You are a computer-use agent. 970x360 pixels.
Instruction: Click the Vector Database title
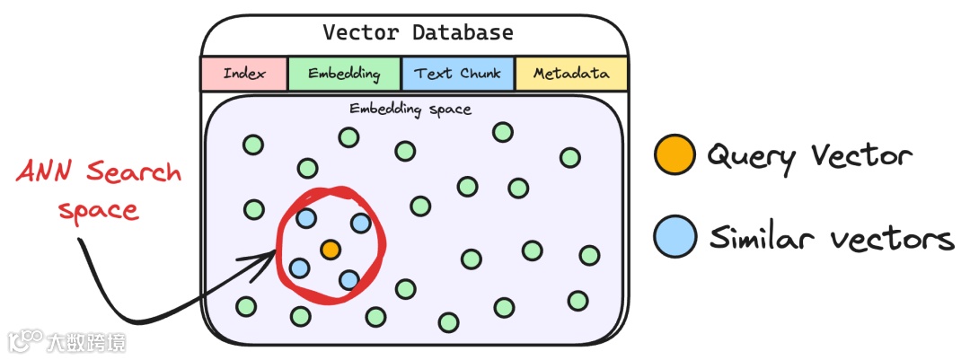coord(418,33)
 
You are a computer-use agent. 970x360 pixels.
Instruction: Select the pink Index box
coord(244,74)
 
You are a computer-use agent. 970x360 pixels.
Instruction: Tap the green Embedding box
coord(344,74)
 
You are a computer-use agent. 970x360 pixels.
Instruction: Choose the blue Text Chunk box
coord(458,74)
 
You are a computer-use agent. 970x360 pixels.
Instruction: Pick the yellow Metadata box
coord(571,74)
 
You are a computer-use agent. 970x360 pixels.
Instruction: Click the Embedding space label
coord(410,110)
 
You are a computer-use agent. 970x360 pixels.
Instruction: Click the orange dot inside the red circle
coord(331,249)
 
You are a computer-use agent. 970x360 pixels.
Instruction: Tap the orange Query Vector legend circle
coord(675,155)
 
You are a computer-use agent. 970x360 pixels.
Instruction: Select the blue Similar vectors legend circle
coord(675,238)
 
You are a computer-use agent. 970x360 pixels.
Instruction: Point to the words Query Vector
coord(809,157)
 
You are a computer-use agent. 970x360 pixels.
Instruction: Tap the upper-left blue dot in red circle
coord(305,217)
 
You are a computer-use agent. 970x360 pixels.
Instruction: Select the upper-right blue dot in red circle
coord(360,223)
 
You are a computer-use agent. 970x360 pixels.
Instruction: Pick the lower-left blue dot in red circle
coord(300,267)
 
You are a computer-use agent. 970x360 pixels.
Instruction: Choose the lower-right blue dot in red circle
coord(349,279)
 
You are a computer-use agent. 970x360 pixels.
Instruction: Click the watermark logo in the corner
coord(27,341)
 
